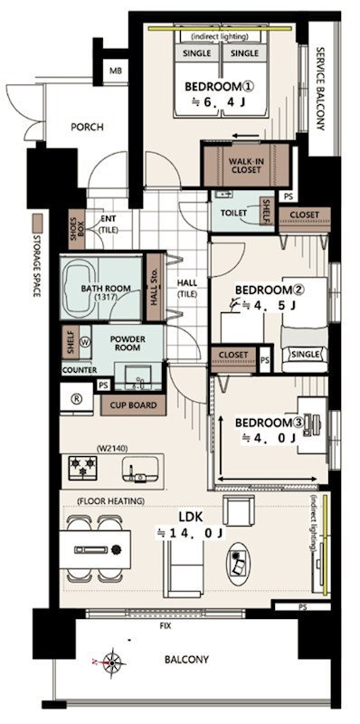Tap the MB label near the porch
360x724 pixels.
tap(116, 71)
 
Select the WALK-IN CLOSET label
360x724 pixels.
tap(245, 166)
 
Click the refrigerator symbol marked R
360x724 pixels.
tap(77, 399)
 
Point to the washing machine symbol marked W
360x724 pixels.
tap(85, 342)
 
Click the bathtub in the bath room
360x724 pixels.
tap(80, 288)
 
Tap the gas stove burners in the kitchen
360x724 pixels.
tap(82, 468)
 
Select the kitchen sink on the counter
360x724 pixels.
tap(140, 471)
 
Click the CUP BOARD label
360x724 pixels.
tap(133, 405)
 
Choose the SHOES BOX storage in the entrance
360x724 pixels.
tap(77, 229)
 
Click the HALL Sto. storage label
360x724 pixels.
tap(155, 287)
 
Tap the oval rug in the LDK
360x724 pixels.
tap(238, 563)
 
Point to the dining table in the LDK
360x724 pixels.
tap(95, 549)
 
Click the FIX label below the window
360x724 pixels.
tap(166, 626)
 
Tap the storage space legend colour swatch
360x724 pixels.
tap(37, 223)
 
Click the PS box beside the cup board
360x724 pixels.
tap(103, 385)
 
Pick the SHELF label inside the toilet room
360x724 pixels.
tap(266, 211)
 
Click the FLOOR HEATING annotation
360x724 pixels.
tap(110, 501)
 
